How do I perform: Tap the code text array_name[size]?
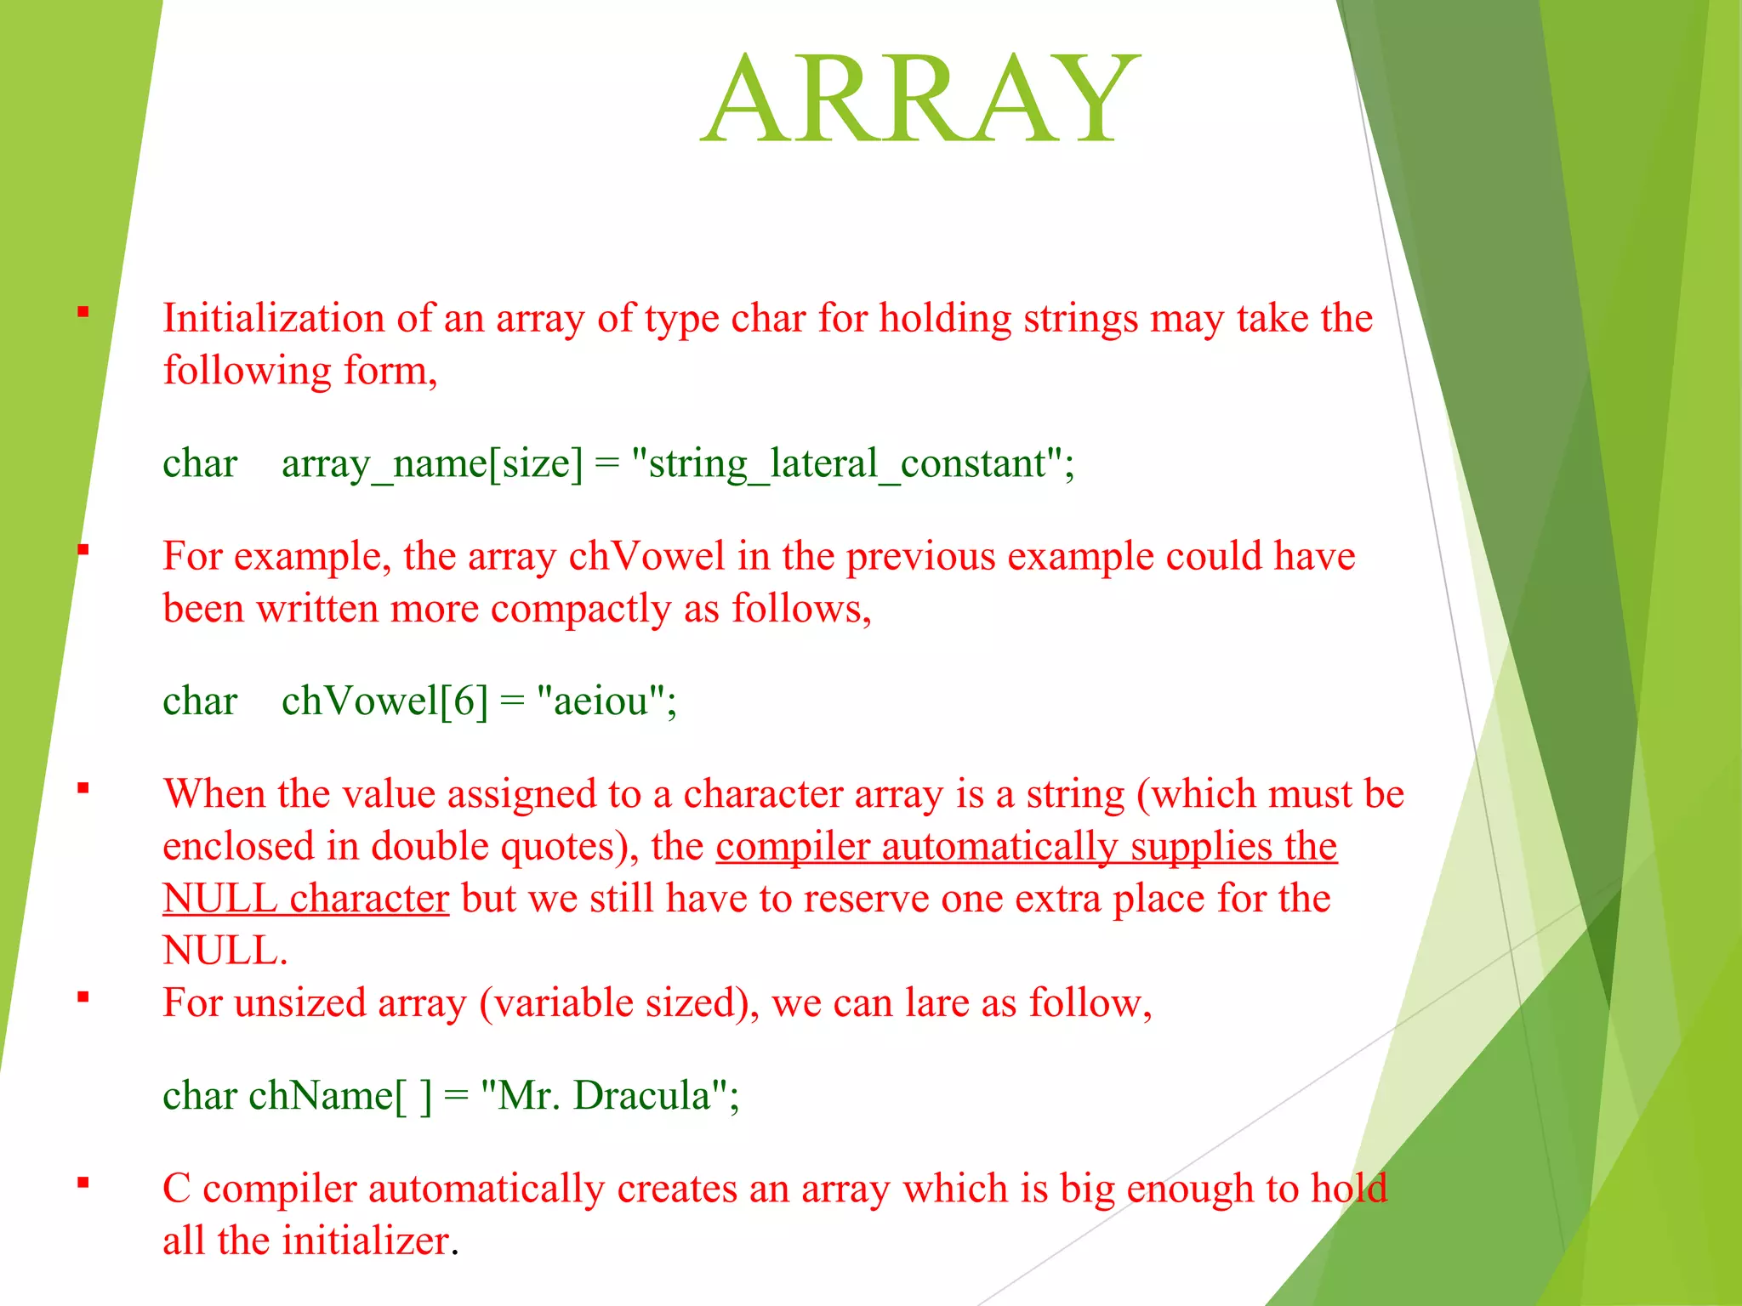pos(432,464)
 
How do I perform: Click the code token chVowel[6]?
pos(384,701)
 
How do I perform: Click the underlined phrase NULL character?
pos(305,899)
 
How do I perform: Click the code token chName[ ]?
pos(340,1095)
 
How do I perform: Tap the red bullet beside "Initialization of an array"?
pos(83,312)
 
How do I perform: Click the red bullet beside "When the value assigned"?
pos(83,788)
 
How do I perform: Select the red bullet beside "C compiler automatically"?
pos(83,1182)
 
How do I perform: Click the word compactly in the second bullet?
pos(581,609)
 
